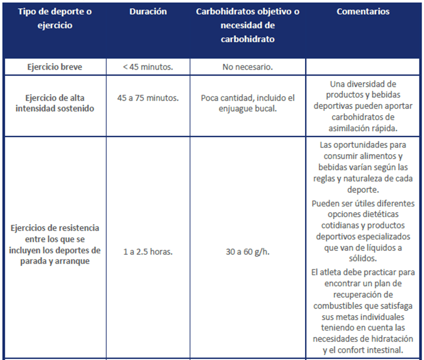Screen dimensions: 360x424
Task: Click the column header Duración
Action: click(148, 12)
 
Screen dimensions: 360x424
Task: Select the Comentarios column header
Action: click(363, 12)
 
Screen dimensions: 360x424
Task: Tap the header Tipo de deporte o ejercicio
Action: click(54, 19)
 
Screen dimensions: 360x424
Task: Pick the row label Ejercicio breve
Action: click(55, 67)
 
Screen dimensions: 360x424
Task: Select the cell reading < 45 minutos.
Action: click(148, 67)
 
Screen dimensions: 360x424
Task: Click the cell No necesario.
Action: click(247, 67)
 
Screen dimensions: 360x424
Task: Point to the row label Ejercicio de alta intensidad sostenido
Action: click(55, 103)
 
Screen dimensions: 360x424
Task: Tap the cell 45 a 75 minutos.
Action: click(148, 98)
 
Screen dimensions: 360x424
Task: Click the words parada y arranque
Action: click(55, 261)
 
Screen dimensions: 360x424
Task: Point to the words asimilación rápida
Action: click(363, 128)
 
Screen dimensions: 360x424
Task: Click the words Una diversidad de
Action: click(363, 84)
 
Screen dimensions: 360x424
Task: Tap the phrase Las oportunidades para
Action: click(363, 145)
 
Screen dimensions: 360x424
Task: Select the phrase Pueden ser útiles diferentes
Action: click(363, 203)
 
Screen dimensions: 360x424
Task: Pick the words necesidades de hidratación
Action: click(363, 339)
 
